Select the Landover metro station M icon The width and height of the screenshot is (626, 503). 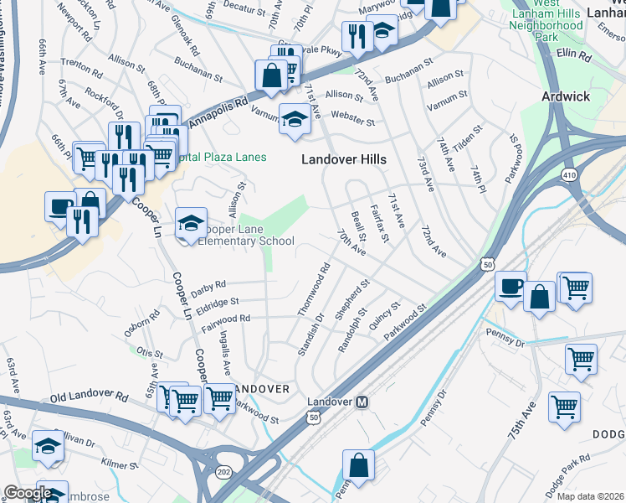pyautogui.click(x=363, y=402)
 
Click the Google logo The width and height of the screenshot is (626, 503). pyautogui.click(x=28, y=493)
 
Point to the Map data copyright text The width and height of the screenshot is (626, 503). pyautogui.click(x=591, y=496)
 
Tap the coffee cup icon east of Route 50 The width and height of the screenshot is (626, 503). pyautogui.click(x=510, y=287)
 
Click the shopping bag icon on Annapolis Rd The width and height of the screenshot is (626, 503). pyautogui.click(x=272, y=75)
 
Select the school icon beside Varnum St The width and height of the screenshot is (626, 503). pyautogui.click(x=295, y=119)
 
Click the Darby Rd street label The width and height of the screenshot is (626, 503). pyautogui.click(x=208, y=288)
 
